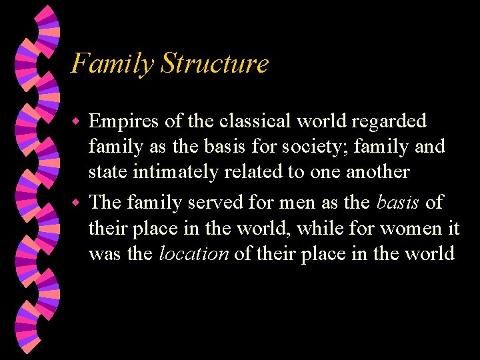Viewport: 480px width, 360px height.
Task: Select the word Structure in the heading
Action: (215, 64)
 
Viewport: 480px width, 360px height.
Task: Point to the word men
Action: (277, 202)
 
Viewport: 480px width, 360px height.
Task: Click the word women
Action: (409, 229)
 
